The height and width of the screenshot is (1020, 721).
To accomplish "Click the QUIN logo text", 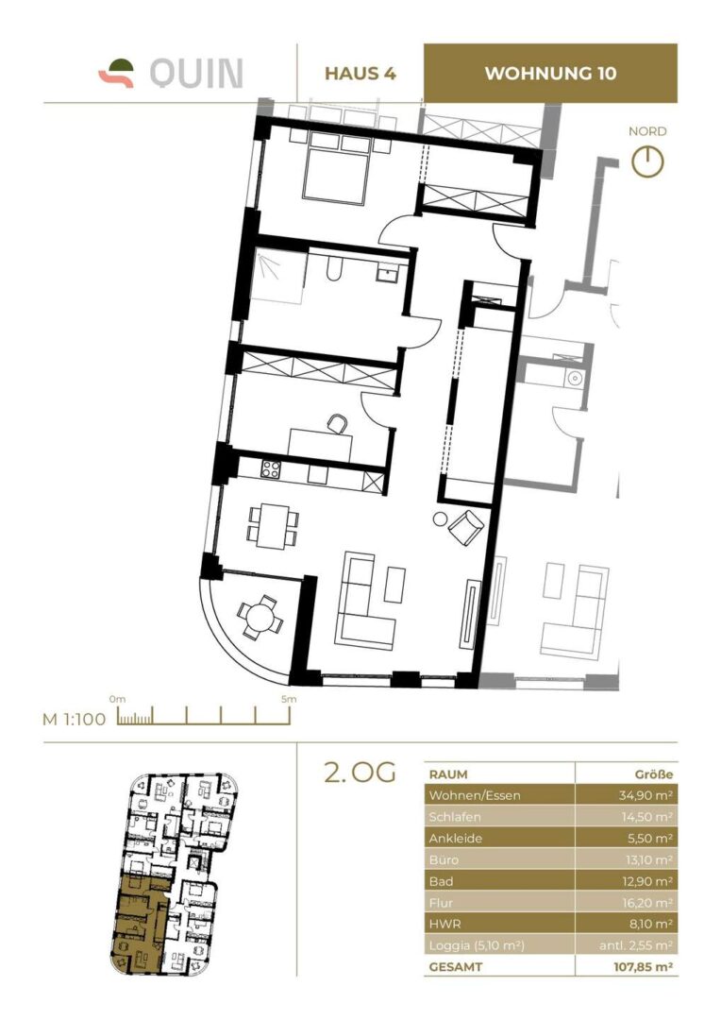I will coord(196,74).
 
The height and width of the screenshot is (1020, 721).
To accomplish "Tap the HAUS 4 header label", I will coord(360,74).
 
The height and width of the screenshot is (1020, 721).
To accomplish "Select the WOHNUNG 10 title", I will coord(550,74).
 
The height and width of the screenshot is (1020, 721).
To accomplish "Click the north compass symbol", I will coord(647,161).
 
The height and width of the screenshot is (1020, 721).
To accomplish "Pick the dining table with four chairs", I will coord(272,524).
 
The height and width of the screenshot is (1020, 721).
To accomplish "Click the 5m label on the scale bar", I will coord(289,699).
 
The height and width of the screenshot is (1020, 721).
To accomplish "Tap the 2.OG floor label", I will coord(359,773).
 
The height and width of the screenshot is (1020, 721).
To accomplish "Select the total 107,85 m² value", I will coord(637,967).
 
